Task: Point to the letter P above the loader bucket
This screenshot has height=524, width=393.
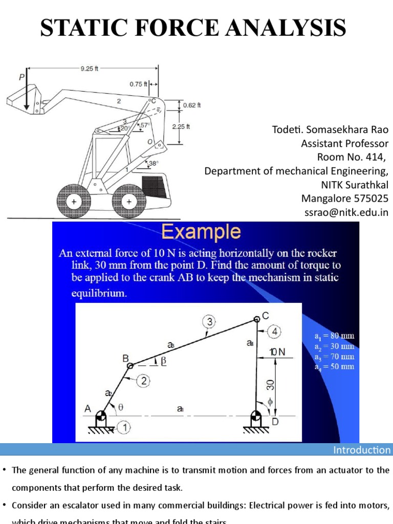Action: click(21, 77)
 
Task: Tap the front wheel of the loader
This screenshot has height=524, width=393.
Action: click(74, 202)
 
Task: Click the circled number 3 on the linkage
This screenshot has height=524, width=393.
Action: click(210, 321)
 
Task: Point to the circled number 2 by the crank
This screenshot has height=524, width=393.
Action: click(144, 380)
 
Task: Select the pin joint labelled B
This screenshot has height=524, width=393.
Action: click(130, 365)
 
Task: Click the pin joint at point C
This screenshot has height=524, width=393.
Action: click(256, 320)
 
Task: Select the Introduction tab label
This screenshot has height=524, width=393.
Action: click(362, 450)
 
